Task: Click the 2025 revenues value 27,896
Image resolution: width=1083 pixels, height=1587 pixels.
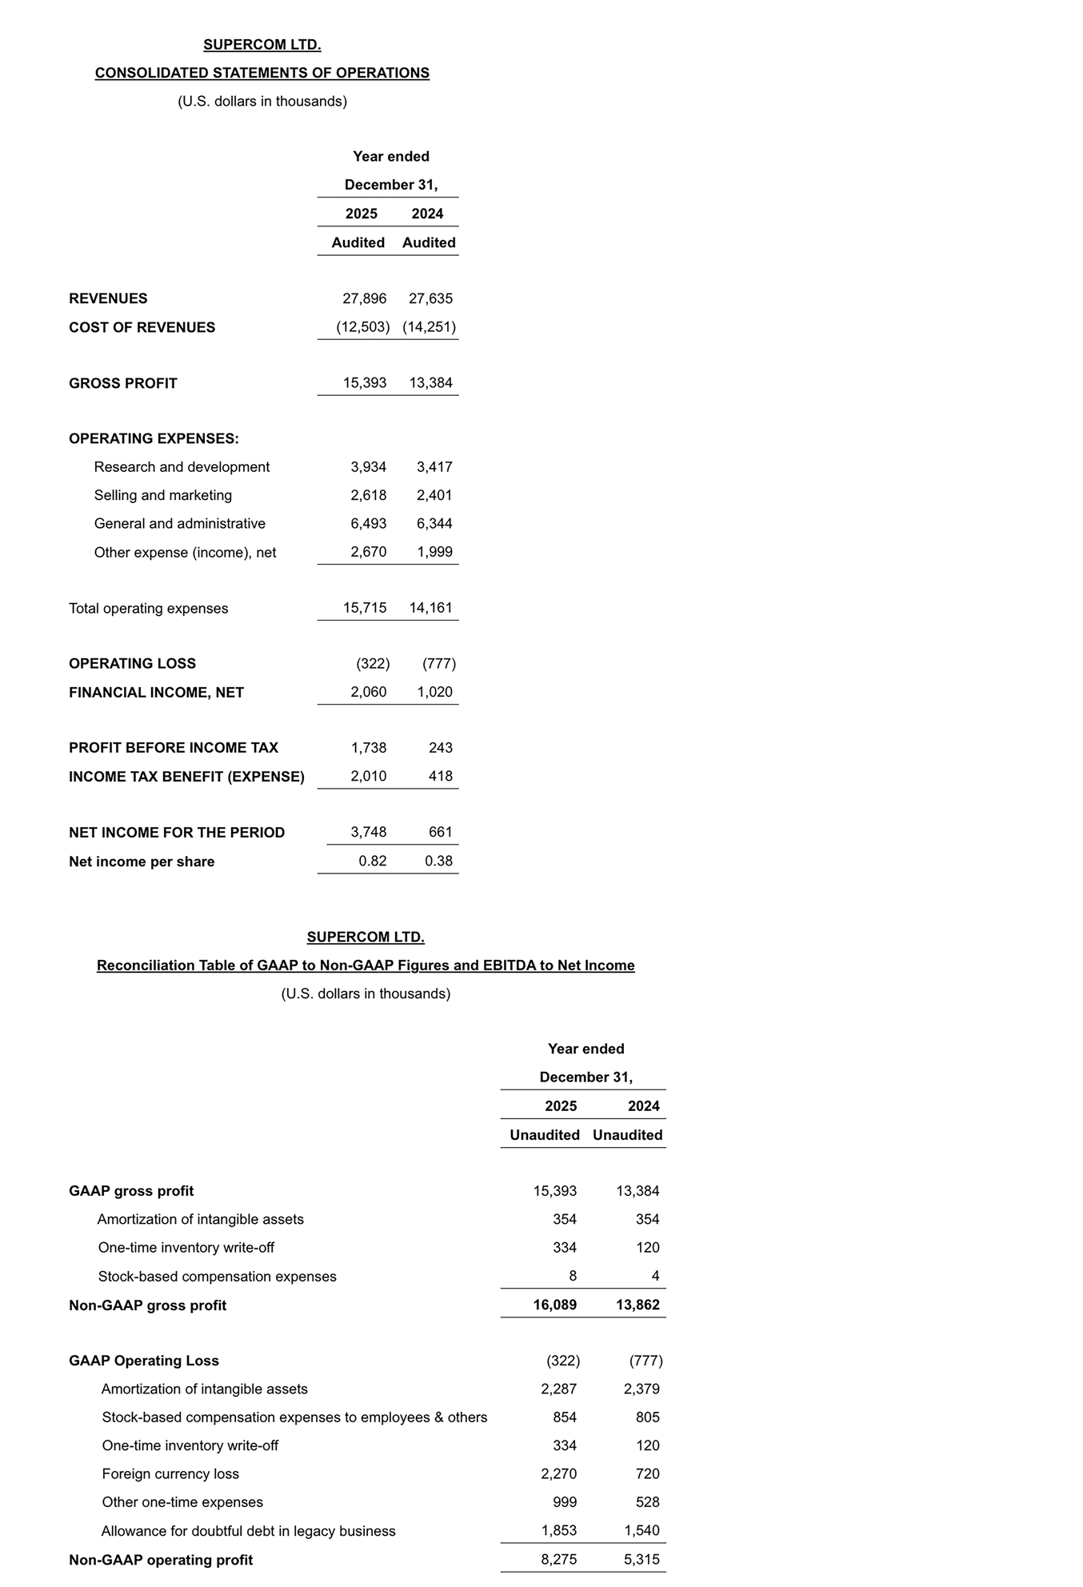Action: tap(364, 298)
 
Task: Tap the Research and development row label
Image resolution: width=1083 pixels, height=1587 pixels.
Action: tap(182, 467)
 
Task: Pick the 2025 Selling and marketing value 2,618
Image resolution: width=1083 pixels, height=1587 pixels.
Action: tap(368, 495)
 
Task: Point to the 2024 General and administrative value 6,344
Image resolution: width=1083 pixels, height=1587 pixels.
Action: tap(434, 524)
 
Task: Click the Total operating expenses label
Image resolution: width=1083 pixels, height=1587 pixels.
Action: tap(148, 609)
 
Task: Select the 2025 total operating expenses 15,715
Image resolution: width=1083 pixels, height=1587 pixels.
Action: tap(364, 608)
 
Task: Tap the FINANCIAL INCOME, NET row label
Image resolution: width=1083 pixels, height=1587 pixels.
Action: tap(156, 693)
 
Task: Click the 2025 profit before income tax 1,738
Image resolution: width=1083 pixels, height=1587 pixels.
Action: tap(368, 748)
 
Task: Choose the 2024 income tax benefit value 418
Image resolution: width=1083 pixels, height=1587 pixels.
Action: tap(440, 776)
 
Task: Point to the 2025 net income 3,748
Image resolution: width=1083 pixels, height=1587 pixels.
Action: tap(368, 833)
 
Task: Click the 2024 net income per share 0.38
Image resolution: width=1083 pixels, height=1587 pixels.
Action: tap(438, 861)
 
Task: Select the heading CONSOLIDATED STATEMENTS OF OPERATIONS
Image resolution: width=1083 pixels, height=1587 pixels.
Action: tap(262, 73)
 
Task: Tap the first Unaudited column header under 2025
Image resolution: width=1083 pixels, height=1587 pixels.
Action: tap(545, 1135)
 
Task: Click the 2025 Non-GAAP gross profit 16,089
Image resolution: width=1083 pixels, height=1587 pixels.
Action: tap(554, 1305)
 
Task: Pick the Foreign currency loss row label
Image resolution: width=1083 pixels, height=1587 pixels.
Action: tap(170, 1474)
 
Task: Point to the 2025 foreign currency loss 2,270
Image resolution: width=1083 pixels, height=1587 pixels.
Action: tap(558, 1474)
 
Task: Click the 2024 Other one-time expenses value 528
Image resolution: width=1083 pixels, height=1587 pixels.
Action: tap(647, 1502)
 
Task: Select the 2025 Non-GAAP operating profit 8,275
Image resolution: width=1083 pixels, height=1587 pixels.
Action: tap(558, 1560)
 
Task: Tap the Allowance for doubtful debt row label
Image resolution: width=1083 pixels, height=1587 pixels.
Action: tap(248, 1531)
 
